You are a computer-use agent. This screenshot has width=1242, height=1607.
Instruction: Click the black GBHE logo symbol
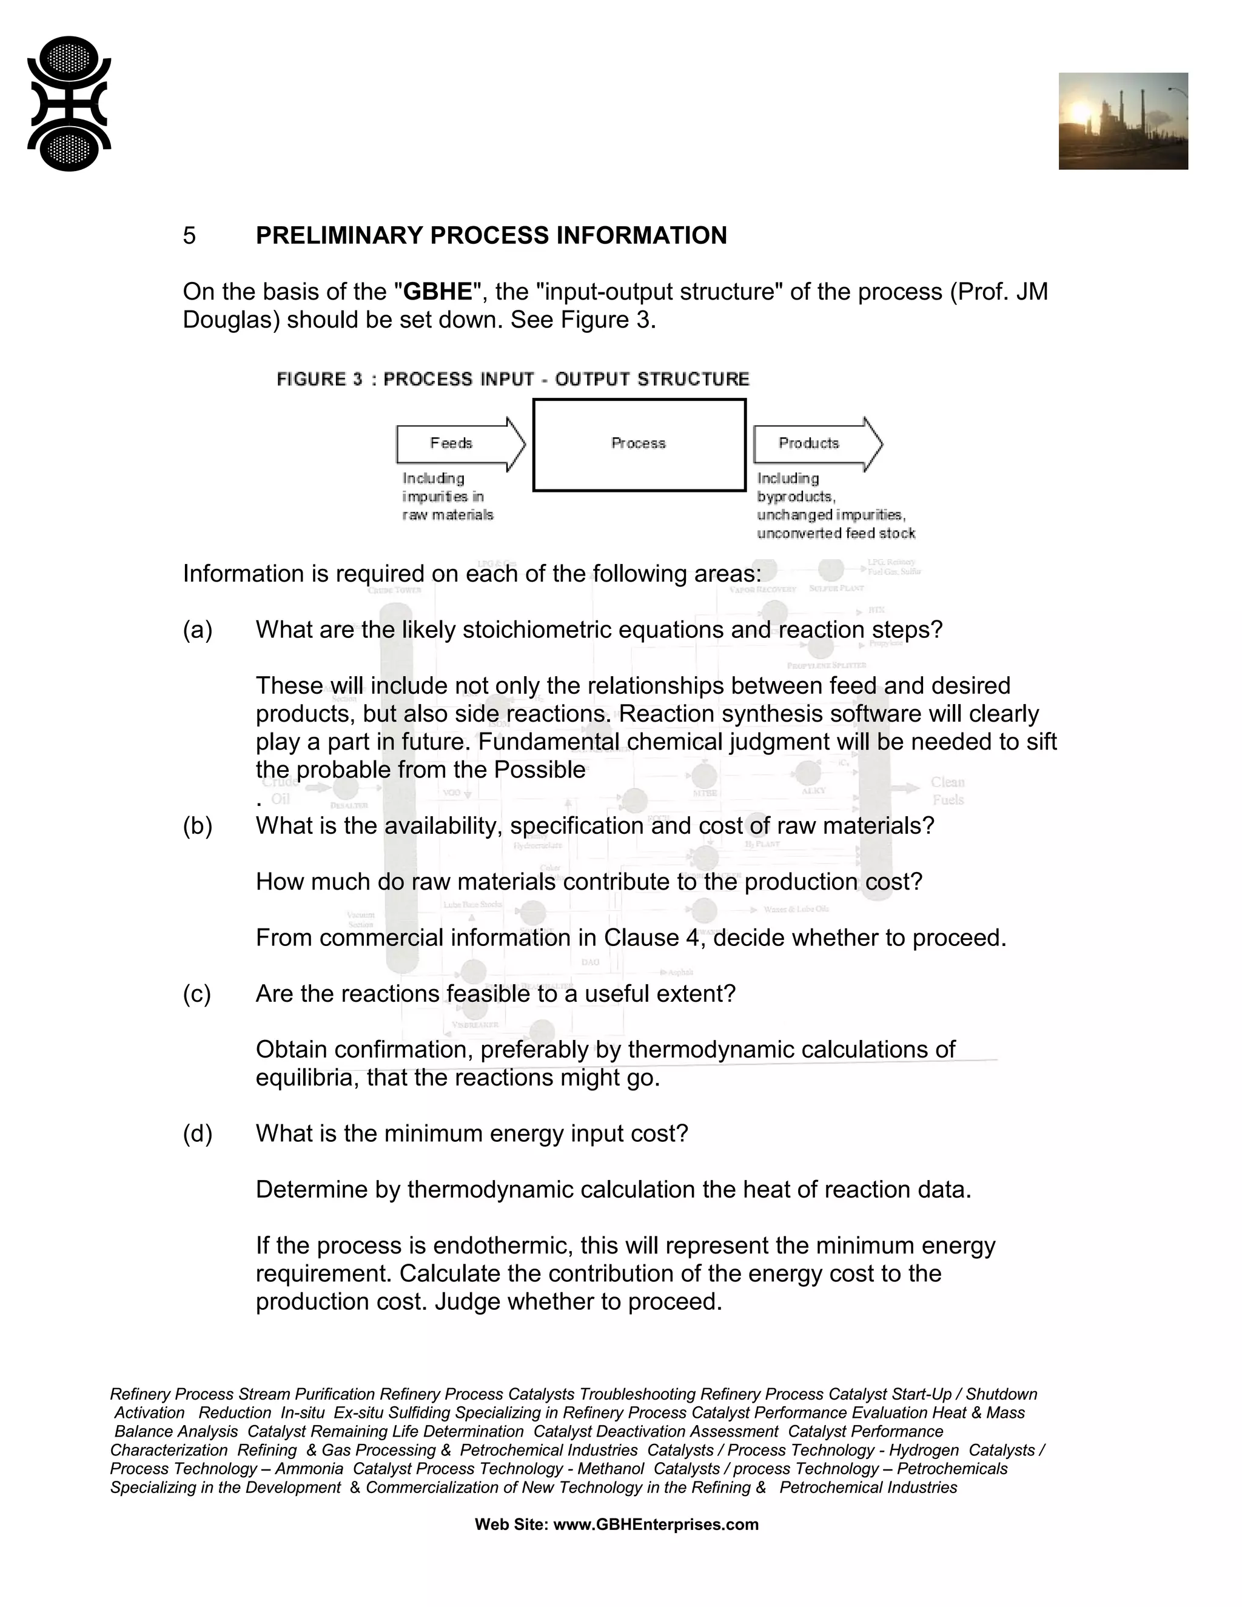coord(69,104)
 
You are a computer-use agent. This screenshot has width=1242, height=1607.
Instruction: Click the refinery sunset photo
coord(1123,121)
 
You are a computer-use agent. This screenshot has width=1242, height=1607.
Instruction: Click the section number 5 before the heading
coord(189,235)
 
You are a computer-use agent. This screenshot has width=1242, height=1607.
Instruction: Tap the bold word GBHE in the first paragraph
coord(438,292)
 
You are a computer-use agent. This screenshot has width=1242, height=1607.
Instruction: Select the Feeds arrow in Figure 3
coord(460,444)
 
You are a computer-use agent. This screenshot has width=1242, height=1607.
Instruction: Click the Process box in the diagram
coord(639,445)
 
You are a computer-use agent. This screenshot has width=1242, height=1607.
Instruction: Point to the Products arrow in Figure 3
coord(817,444)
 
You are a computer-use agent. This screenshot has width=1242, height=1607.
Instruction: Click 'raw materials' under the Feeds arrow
coord(448,515)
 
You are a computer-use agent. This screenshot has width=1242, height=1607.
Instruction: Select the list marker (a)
coord(197,630)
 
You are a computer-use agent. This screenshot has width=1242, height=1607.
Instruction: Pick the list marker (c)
coord(196,994)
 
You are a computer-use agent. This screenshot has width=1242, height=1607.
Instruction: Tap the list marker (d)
coord(197,1134)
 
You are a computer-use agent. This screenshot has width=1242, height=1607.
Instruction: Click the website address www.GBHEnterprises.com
coord(655,1525)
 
